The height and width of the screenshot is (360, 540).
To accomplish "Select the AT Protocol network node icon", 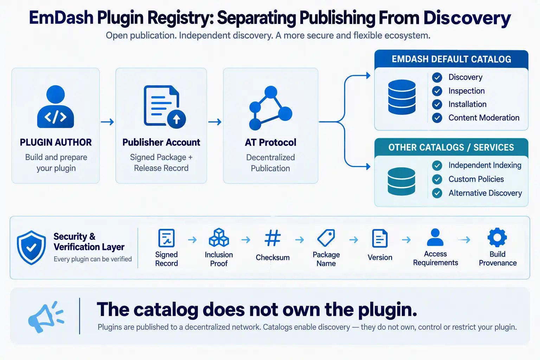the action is coord(270,108).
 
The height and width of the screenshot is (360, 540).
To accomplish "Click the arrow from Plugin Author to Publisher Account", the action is coord(107,122).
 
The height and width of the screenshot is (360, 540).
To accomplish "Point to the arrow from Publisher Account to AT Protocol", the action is coord(215,122).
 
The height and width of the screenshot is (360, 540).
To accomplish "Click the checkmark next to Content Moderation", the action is coord(437,118).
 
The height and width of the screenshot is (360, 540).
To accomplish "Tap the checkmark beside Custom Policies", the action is coord(437,179).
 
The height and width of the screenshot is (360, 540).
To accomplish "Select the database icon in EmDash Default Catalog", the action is coord(402,97).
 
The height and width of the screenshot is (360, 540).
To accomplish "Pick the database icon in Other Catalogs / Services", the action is coord(401,181).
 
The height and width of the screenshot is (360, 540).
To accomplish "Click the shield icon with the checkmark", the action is coord(31,247).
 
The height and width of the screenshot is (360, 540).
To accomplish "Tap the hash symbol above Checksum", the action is coord(273,238).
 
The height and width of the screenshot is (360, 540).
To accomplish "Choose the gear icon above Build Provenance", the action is coord(497,238).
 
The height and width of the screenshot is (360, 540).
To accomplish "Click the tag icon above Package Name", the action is coord(326,238).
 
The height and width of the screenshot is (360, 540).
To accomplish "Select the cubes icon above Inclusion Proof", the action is coord(219,238).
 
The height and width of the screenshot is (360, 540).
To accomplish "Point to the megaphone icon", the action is coord(46,317).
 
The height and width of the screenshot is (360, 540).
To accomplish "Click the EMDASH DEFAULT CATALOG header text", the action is coord(451,59).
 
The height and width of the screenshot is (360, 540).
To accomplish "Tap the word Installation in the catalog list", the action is coord(468,104).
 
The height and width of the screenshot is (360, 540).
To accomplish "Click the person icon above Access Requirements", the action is coord(435,237).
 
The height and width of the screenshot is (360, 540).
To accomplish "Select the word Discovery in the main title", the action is coord(467,18).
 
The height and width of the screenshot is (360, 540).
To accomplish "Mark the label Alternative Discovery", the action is coord(485,193).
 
